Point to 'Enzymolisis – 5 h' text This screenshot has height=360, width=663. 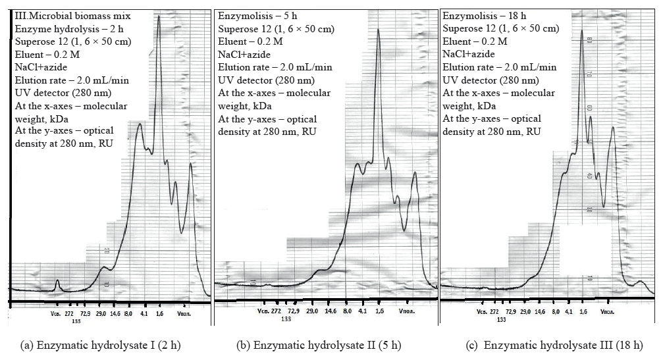coord(260,15)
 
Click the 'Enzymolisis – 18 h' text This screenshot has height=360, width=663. coord(486,15)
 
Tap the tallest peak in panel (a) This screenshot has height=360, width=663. coord(159,16)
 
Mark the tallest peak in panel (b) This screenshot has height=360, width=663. coord(377,30)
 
